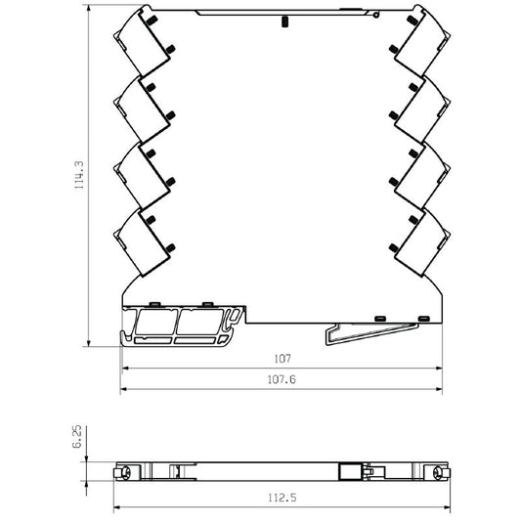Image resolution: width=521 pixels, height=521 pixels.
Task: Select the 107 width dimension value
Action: [x=283, y=359]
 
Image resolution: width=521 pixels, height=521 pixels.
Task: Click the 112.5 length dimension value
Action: [x=282, y=498]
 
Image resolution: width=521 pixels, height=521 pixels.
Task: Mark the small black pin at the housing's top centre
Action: [x=282, y=21]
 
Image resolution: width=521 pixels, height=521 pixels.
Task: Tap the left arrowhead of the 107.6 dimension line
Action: [x=124, y=389]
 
